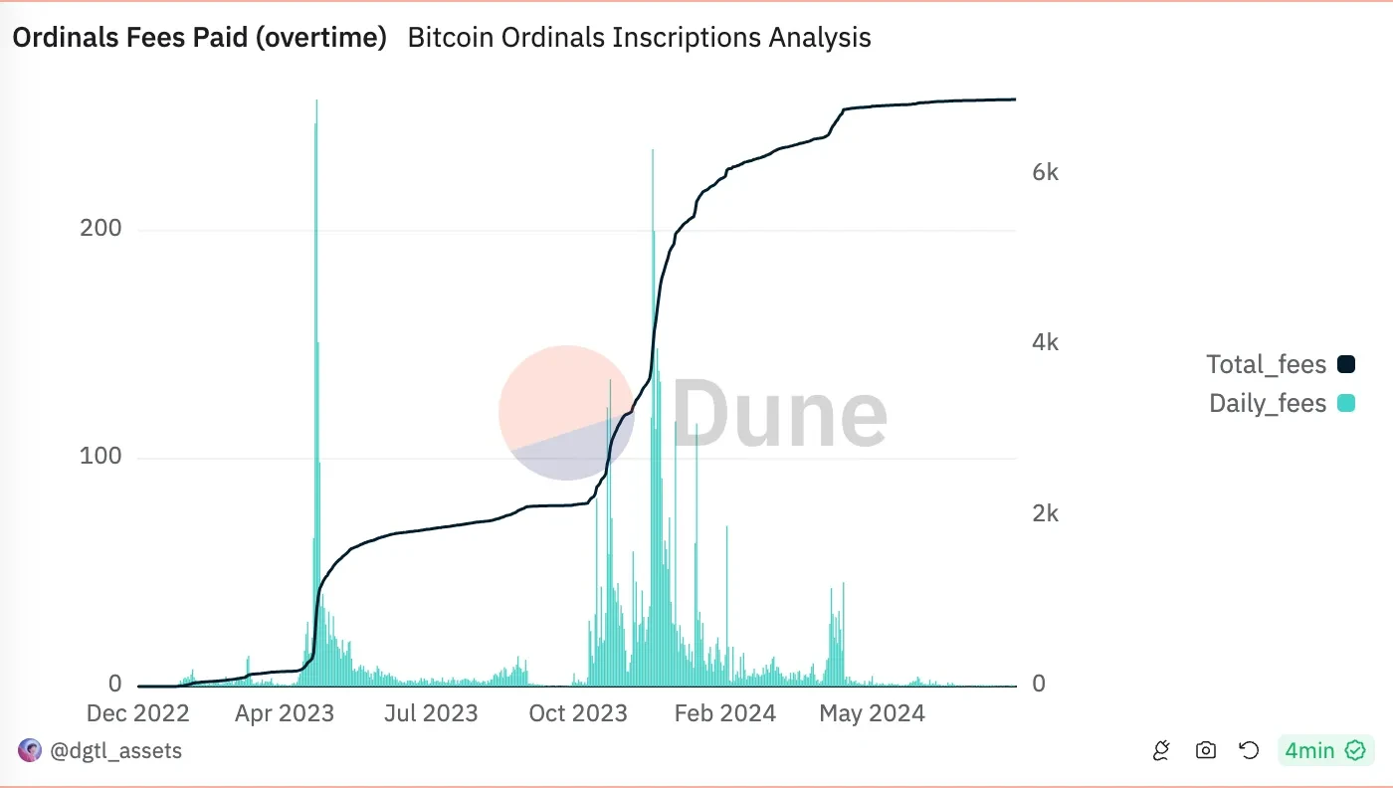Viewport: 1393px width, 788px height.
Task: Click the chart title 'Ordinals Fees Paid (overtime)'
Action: (199, 38)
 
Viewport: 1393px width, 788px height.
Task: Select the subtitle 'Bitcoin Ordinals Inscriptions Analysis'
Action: (639, 38)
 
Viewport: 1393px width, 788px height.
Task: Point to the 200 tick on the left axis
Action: (100, 229)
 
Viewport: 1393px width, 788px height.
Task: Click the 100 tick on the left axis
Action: (100, 457)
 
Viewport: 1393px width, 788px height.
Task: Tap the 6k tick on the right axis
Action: (1046, 172)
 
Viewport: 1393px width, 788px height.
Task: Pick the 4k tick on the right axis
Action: (1046, 342)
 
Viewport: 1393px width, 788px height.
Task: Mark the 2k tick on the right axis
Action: (1046, 513)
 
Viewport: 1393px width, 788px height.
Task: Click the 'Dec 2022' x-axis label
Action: (138, 713)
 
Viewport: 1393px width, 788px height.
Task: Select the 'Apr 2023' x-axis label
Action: (285, 713)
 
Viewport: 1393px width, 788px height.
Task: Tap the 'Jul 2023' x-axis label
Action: (431, 713)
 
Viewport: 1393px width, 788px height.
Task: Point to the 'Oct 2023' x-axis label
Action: (578, 713)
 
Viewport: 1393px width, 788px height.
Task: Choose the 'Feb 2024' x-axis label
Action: (725, 713)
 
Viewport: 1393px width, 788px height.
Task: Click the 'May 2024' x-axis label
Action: (872, 713)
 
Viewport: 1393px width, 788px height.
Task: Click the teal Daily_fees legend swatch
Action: (1346, 403)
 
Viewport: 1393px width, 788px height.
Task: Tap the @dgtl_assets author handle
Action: (115, 750)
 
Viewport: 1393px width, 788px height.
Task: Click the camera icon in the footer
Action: (1206, 750)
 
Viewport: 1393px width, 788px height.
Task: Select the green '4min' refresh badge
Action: (1324, 750)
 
